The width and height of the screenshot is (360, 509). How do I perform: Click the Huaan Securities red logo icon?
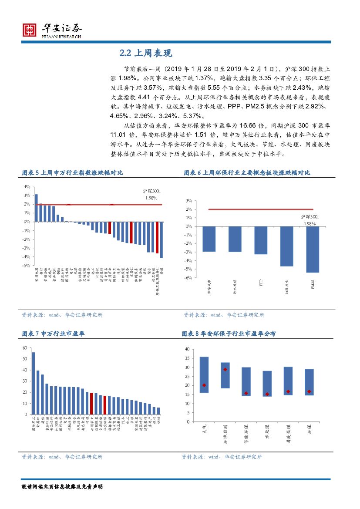click(30, 30)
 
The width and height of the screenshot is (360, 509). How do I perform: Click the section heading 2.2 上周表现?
click(146, 54)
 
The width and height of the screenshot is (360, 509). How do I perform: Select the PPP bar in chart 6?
click(261, 240)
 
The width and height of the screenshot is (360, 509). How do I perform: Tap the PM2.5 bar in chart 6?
click(313, 249)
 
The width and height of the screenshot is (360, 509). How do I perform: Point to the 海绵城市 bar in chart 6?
click(209, 239)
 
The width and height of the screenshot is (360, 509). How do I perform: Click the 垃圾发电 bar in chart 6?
click(286, 246)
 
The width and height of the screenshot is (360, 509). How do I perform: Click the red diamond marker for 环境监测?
click(225, 370)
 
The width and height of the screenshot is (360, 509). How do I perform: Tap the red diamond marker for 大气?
click(204, 385)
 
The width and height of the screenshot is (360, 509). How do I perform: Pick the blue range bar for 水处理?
click(267, 384)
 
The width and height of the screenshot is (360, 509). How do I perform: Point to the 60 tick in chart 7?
click(24, 348)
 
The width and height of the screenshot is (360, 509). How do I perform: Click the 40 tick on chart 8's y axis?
click(186, 349)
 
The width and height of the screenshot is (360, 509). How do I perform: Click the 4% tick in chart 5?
click(27, 186)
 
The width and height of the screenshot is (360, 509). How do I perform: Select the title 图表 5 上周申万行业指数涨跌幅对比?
click(72, 173)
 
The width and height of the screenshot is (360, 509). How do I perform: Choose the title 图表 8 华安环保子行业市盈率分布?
click(229, 334)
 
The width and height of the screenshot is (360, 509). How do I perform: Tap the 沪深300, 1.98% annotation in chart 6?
click(310, 220)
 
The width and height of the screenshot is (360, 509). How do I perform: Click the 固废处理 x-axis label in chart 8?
click(287, 434)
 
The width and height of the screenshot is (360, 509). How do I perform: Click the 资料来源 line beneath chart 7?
click(62, 457)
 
